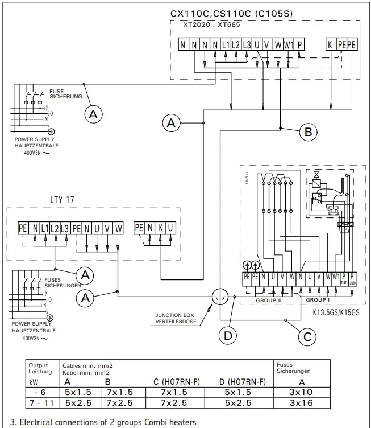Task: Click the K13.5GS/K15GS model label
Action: pyautogui.click(x=337, y=312)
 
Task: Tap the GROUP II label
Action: pyautogui.click(x=269, y=300)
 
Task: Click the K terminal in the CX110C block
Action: pyautogui.click(x=330, y=44)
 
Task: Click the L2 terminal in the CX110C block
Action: pyautogui.click(x=236, y=44)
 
